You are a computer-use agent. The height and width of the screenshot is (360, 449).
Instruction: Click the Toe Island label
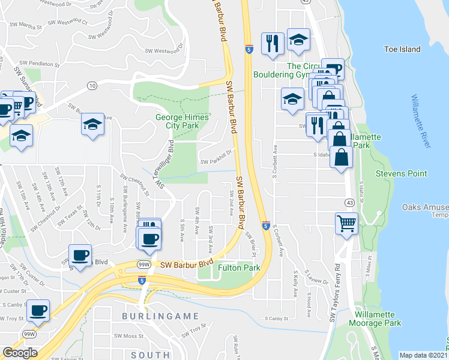(x=403, y=49)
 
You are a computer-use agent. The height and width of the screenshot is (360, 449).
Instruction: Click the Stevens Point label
(x=401, y=173)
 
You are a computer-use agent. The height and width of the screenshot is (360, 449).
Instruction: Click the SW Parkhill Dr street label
(x=215, y=161)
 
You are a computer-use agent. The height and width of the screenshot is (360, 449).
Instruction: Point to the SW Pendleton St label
(x=40, y=63)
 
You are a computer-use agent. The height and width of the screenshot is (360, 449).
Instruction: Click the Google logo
(x=19, y=353)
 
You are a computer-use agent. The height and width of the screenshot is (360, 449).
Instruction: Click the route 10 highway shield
(x=92, y=86)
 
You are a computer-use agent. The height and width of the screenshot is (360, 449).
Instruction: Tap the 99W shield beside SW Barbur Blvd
(x=143, y=264)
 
